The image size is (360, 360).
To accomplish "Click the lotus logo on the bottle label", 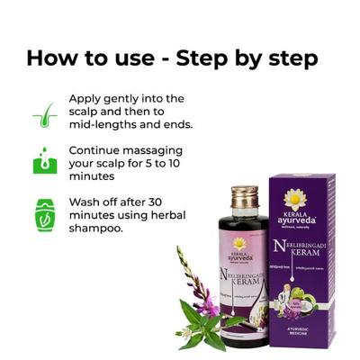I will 238,244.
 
